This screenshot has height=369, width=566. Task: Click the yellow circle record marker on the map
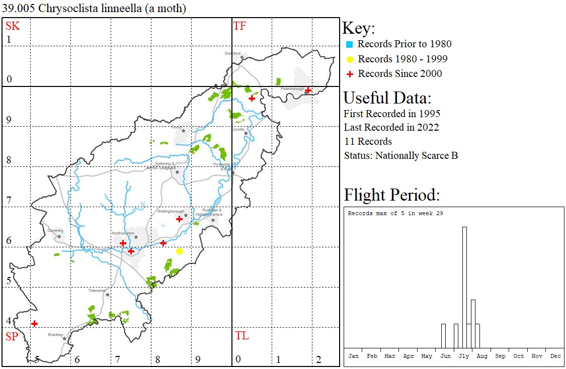[x=179, y=251]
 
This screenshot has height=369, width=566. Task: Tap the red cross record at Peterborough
[x=308, y=90]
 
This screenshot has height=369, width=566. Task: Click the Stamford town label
[x=233, y=53]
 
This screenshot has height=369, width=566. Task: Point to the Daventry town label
[x=55, y=230]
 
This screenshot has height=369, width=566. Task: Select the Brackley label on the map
[x=55, y=334]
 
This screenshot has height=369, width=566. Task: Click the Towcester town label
[x=98, y=291]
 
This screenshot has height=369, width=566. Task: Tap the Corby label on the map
[x=176, y=127]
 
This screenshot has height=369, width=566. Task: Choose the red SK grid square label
[x=13, y=26]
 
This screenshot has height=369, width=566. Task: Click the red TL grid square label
[x=241, y=336]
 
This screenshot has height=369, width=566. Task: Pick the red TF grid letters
[x=239, y=26]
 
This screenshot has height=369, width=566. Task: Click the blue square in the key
[x=349, y=44]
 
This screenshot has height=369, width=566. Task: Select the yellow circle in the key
[x=349, y=59]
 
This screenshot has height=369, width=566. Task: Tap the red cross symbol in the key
[x=349, y=74]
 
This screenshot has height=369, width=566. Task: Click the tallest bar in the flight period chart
[x=464, y=287]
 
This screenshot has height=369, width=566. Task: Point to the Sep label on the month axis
[x=500, y=356]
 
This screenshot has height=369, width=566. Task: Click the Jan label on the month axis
[x=354, y=356]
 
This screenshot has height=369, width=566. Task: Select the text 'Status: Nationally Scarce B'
[x=400, y=155]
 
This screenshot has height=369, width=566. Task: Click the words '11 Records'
[x=368, y=141]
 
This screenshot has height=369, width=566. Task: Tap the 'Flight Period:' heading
[x=391, y=195]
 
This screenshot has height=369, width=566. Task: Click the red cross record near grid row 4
[x=34, y=323]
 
